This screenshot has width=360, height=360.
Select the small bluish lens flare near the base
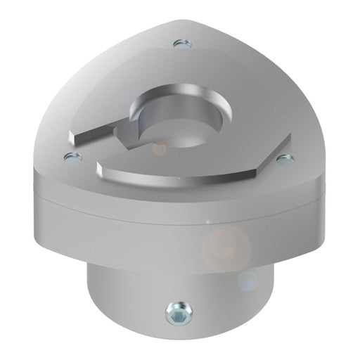(x=247, y=282)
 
